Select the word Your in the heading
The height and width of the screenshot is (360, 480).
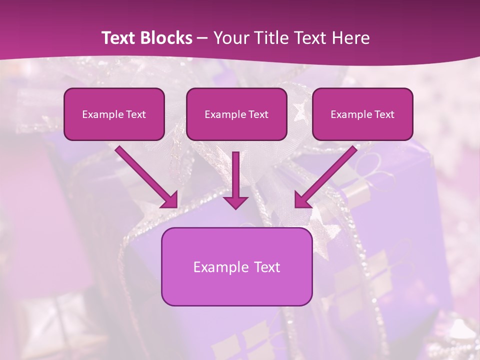(230, 38)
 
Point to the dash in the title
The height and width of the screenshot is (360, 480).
(202, 38)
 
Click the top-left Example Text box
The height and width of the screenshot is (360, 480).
(114, 114)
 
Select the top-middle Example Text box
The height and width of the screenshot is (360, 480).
(236, 114)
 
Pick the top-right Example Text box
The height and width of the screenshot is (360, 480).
(362, 114)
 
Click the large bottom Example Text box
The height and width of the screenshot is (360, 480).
(236, 266)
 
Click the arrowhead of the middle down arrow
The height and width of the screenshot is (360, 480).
(235, 201)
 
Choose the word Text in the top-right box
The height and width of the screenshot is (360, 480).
(383, 114)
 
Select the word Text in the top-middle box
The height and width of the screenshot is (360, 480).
(258, 114)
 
